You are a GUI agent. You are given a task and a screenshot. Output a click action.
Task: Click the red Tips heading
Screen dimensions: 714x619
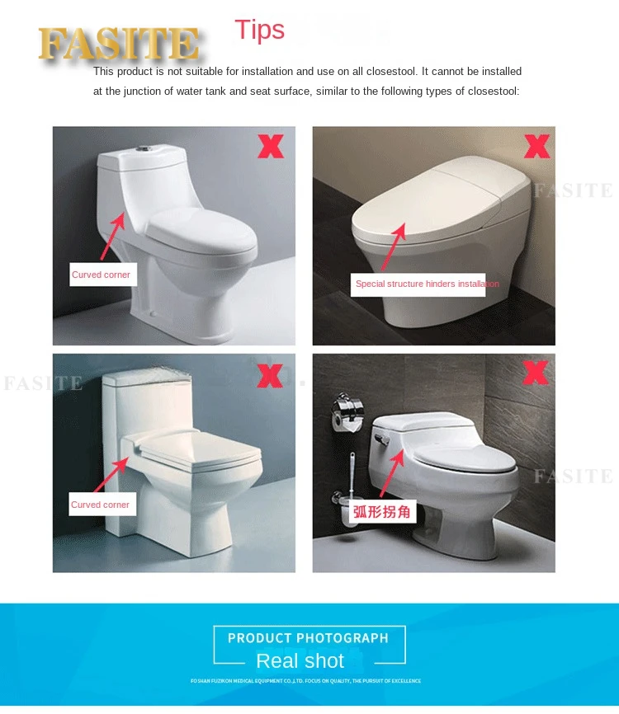click(x=259, y=30)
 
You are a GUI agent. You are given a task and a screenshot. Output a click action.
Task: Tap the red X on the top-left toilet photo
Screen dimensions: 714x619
click(x=270, y=148)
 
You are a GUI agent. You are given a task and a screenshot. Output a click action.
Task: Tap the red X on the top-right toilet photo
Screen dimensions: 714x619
click(x=536, y=147)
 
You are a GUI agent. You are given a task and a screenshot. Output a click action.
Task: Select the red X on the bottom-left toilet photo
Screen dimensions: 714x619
click(x=269, y=376)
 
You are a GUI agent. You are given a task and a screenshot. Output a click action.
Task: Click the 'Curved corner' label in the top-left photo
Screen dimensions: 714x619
click(x=101, y=275)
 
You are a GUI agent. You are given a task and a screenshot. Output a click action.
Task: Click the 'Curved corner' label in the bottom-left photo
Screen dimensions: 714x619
click(x=100, y=505)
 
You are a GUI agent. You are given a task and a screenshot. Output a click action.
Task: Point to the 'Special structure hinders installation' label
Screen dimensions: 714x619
click(x=427, y=284)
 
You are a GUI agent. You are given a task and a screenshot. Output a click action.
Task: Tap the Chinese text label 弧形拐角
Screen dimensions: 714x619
click(x=382, y=511)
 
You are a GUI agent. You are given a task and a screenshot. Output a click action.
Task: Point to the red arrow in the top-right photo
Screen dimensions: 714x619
click(x=393, y=245)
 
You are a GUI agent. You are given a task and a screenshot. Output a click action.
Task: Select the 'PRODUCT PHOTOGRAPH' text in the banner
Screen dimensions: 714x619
click(x=308, y=637)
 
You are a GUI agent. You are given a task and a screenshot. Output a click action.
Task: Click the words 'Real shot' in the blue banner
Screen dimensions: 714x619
click(x=300, y=660)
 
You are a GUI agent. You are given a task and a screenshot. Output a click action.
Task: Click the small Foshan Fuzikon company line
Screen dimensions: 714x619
click(x=305, y=681)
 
